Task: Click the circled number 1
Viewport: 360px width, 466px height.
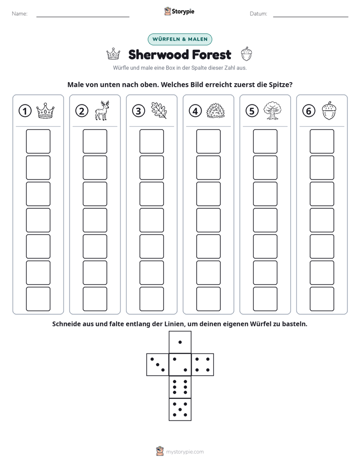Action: click(x=25, y=111)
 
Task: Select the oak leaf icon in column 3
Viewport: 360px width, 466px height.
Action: click(x=159, y=110)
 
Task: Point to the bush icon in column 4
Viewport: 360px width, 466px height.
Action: click(x=216, y=111)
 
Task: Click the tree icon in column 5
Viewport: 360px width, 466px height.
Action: click(x=272, y=110)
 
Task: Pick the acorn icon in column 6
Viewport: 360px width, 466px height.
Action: click(x=329, y=110)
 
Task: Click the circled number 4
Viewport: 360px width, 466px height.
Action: click(x=195, y=111)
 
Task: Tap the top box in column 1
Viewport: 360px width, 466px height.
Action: click(x=38, y=141)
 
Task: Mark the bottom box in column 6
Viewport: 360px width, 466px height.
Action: click(x=322, y=299)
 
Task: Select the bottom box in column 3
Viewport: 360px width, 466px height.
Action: click(x=151, y=299)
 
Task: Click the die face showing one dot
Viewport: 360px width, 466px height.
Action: click(x=180, y=342)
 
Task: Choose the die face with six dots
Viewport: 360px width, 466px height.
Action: click(x=180, y=387)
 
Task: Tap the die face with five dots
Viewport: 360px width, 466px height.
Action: click(x=180, y=410)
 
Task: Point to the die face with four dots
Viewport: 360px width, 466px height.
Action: click(x=203, y=365)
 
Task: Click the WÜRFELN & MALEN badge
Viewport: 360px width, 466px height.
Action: click(x=180, y=39)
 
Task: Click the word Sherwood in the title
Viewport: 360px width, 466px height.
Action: click(x=159, y=54)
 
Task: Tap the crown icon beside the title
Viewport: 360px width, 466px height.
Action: click(x=113, y=54)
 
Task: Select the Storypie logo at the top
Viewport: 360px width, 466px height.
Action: click(x=179, y=11)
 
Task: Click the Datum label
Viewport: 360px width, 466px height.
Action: click(x=258, y=14)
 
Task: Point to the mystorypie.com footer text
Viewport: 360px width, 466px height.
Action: click(x=185, y=452)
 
